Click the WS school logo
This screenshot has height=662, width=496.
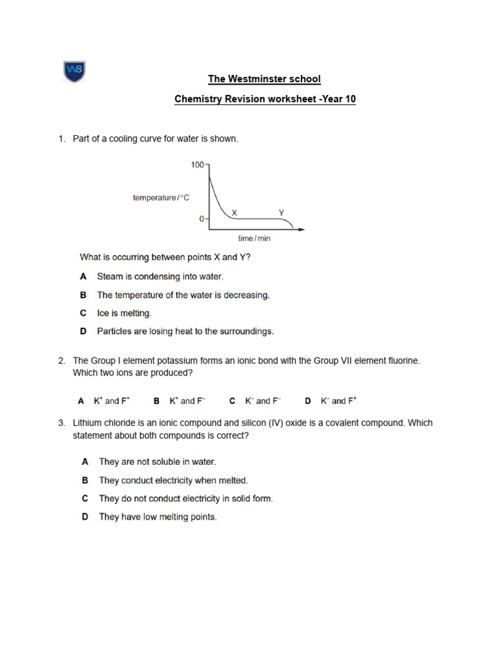pyautogui.click(x=74, y=71)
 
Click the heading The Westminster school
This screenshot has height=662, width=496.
pyautogui.click(x=263, y=79)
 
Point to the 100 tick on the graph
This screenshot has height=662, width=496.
pyautogui.click(x=197, y=165)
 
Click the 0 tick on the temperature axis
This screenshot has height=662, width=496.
pyautogui.click(x=201, y=219)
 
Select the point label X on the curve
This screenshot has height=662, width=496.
pyautogui.click(x=234, y=212)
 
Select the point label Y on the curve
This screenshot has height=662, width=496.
pyautogui.click(x=281, y=212)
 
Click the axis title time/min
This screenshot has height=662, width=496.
pyautogui.click(x=254, y=239)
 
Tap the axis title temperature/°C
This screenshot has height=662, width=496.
pyautogui.click(x=161, y=198)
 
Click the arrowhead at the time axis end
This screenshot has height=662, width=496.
pyautogui.click(x=302, y=229)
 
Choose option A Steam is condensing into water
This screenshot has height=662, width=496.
pyautogui.click(x=160, y=276)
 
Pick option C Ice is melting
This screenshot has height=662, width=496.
pyautogui.click(x=124, y=313)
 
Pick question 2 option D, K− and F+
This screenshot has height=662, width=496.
pyautogui.click(x=338, y=401)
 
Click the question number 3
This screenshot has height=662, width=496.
pyautogui.click(x=61, y=423)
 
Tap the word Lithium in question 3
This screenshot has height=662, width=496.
pyautogui.click(x=88, y=423)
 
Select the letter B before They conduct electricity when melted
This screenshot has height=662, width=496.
pyautogui.click(x=85, y=480)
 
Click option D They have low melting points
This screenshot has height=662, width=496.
pyautogui.click(x=157, y=517)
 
